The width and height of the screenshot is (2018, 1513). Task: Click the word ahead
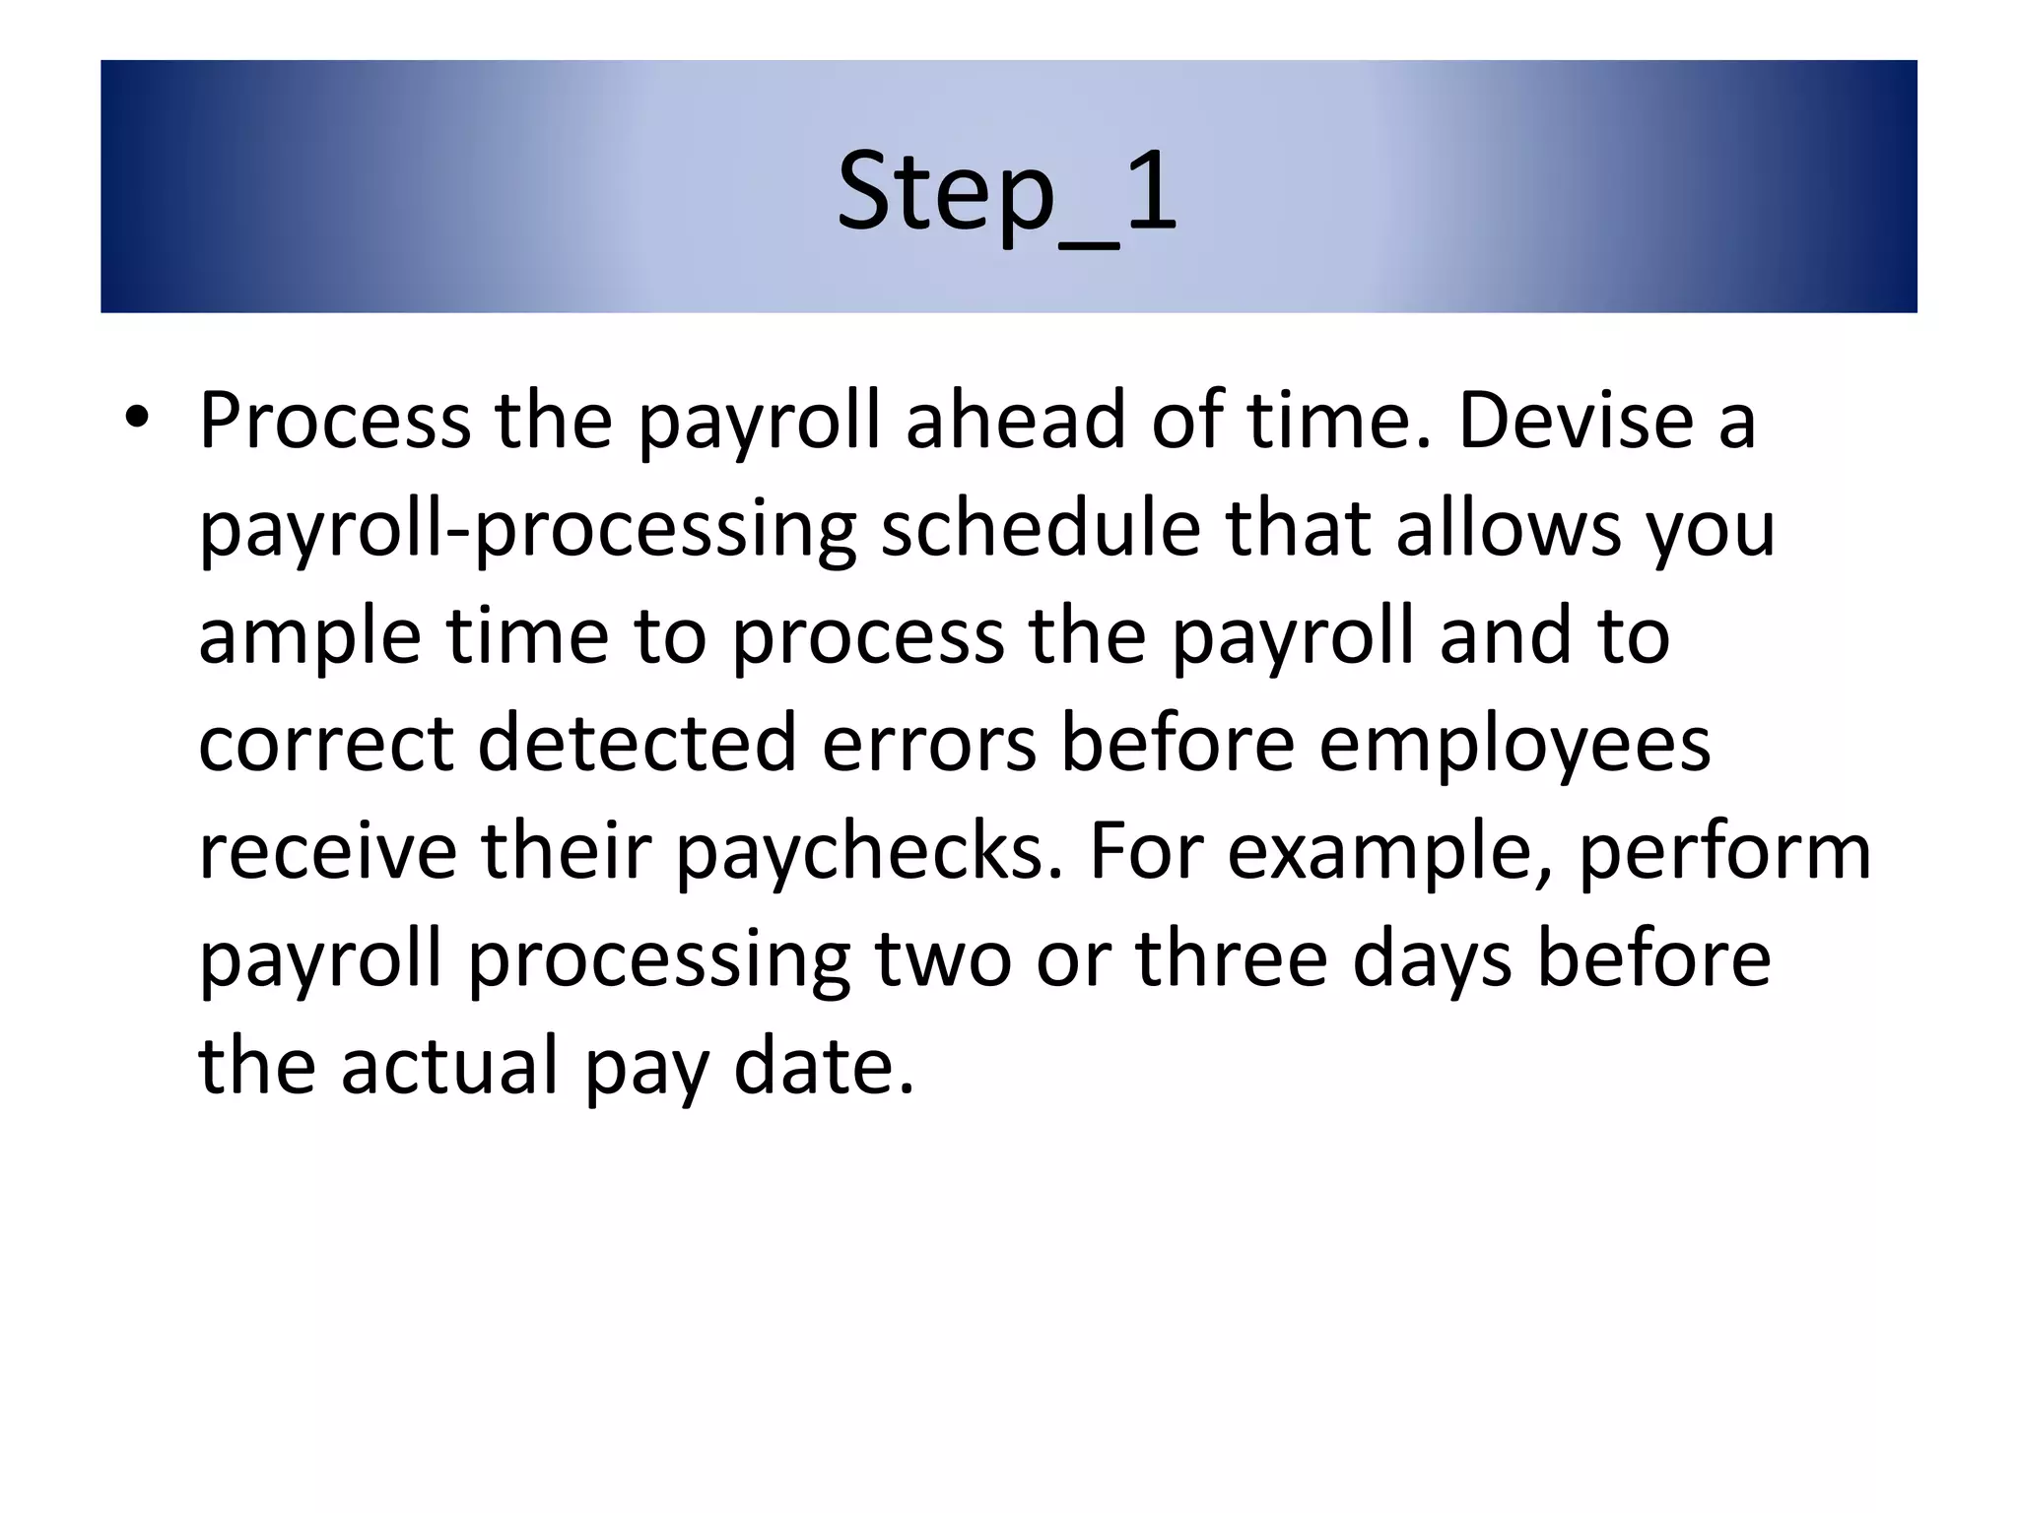[x=1015, y=421]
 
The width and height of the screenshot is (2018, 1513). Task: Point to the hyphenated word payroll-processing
[x=527, y=530]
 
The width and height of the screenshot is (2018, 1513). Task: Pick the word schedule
[x=1040, y=528]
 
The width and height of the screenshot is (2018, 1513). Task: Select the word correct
[x=326, y=744]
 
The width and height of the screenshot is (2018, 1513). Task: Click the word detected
[x=637, y=744]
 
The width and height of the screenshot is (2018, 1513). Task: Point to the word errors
[x=928, y=744]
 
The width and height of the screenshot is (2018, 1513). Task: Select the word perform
[x=1724, y=853]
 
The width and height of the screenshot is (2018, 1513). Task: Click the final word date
[x=824, y=1066]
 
